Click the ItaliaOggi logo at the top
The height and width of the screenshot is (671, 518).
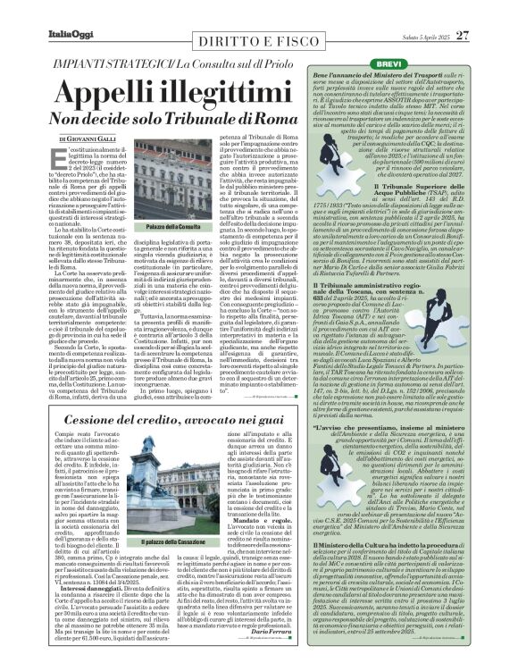point(42,12)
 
